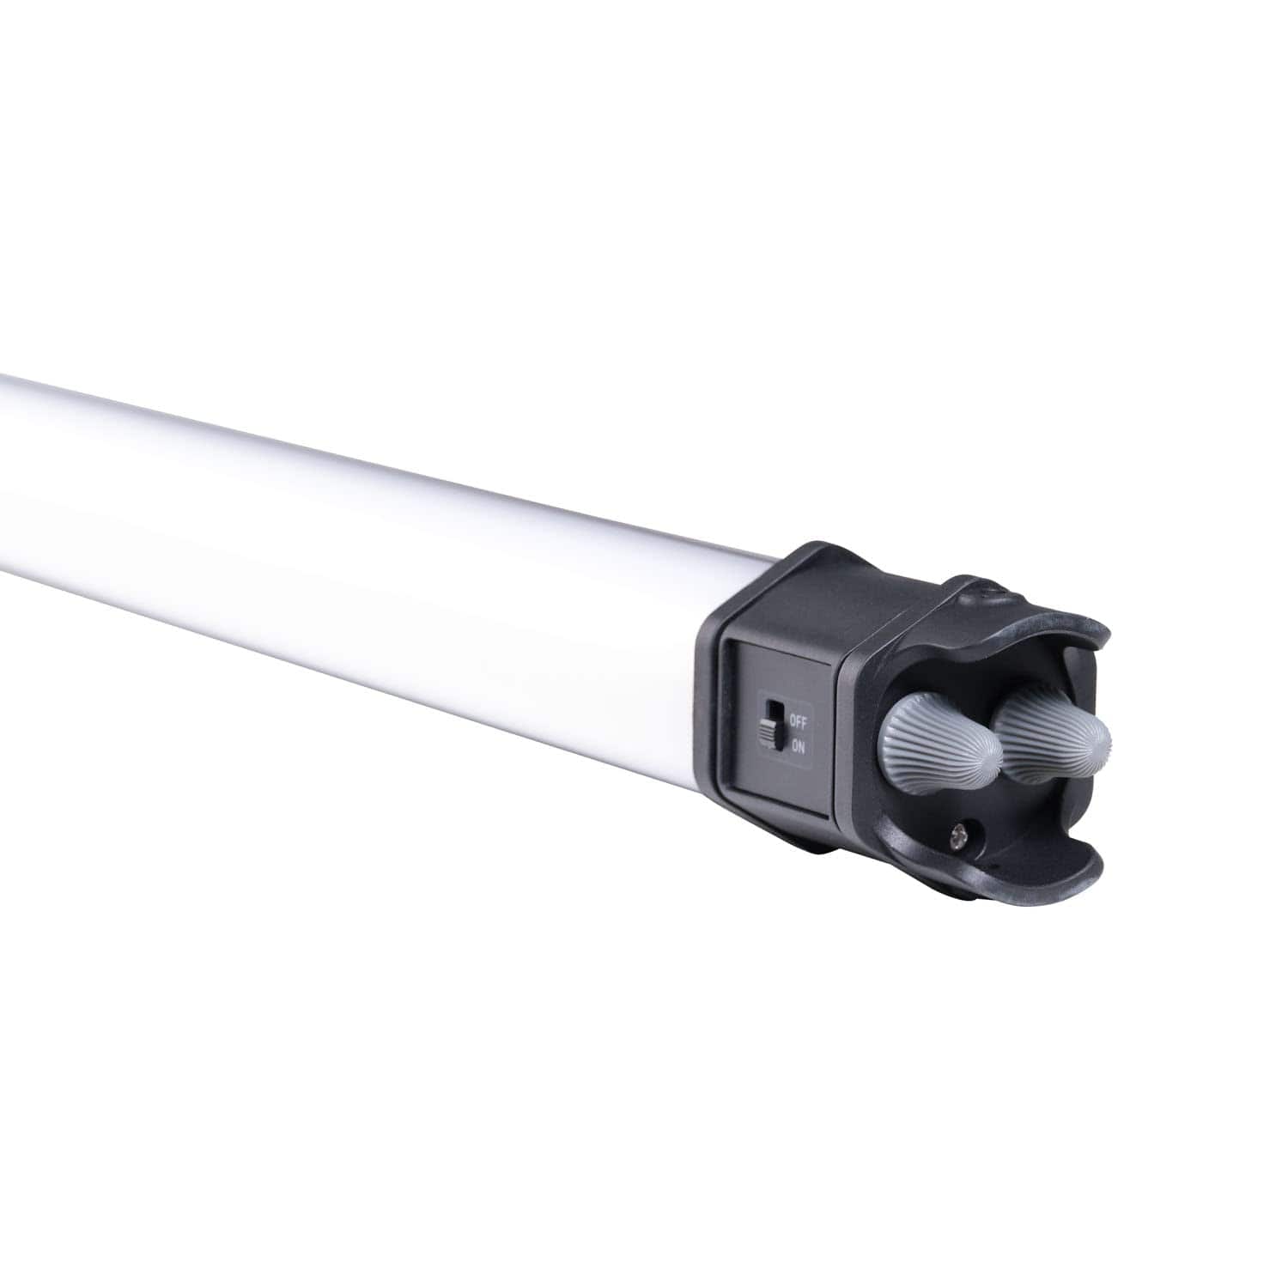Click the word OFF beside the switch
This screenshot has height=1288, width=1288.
797,722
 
